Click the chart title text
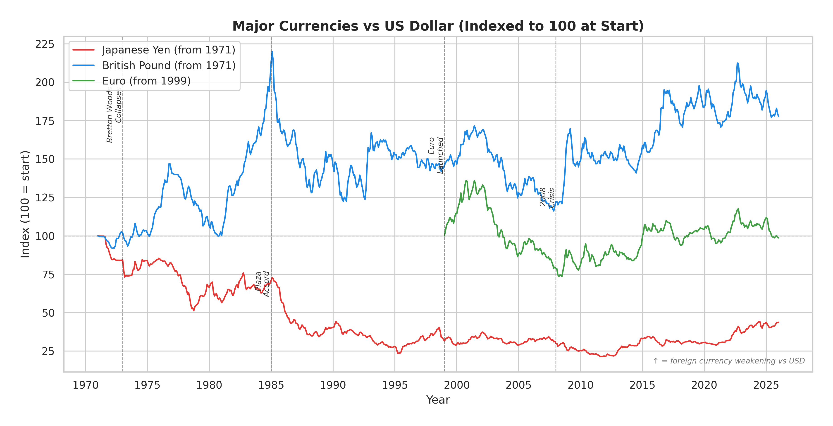tap(438, 26)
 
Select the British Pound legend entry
tap(168, 65)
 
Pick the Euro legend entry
tap(146, 81)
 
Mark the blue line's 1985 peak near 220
tap(272, 52)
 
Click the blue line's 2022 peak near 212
tap(737, 63)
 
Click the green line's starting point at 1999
tap(445, 235)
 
